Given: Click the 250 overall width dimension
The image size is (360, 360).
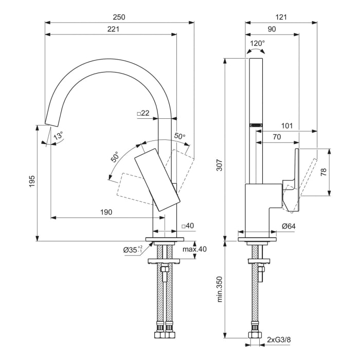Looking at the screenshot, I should pyautogui.click(x=119, y=17).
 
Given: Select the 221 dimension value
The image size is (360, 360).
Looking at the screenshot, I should pyautogui.click(x=113, y=29).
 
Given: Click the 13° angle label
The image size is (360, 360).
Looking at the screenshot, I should pyautogui.click(x=59, y=137).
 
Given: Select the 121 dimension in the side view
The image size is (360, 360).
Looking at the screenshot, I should pyautogui.click(x=280, y=17).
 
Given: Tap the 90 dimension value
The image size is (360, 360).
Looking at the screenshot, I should pyautogui.click(x=272, y=29).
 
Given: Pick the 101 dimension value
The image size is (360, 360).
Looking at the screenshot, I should pyautogui.click(x=302, y=125).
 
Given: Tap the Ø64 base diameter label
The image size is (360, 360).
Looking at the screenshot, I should pyautogui.click(x=288, y=225).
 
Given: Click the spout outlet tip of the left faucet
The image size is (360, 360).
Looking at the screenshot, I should pyautogui.click(x=51, y=123).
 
